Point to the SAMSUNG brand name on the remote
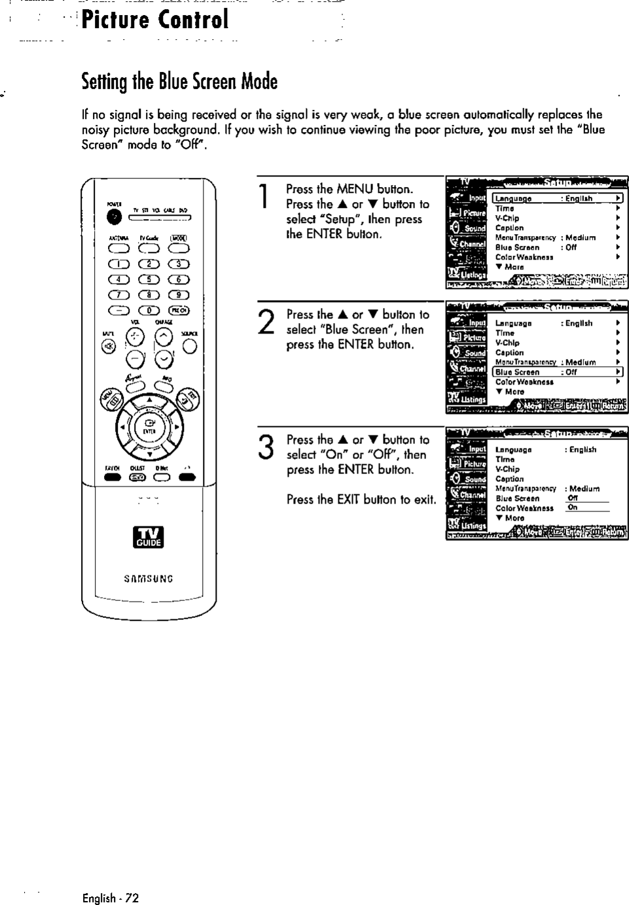tap(149, 579)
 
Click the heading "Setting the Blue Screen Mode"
tap(179, 82)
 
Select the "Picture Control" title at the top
tap(155, 20)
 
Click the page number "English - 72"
tap(111, 898)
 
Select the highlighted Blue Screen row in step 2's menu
tap(556, 372)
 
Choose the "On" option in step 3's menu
tap(573, 507)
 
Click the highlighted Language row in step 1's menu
tap(556, 199)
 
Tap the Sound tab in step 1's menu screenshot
tap(467, 228)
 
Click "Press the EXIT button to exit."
tap(361, 500)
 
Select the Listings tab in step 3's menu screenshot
tap(467, 525)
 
